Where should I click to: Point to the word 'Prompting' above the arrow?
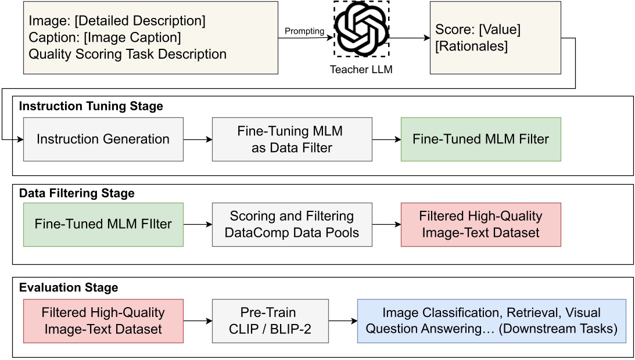tap(304, 31)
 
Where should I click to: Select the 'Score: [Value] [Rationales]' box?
tap(495, 37)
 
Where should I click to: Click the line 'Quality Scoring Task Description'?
tap(127, 55)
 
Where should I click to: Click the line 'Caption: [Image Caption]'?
tap(105, 38)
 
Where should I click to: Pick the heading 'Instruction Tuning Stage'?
tap(91, 106)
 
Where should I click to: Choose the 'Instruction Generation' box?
tap(103, 139)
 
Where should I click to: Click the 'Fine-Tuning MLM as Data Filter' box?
tap(292, 139)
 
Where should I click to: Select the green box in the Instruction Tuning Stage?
tap(480, 139)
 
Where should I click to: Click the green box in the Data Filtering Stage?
tap(103, 224)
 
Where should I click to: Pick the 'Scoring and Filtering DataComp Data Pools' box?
tap(292, 224)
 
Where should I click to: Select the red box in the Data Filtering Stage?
tap(480, 224)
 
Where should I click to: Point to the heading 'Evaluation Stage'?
tap(69, 287)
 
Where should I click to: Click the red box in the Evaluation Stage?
tap(103, 320)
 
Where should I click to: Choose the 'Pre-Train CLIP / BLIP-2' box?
tap(270, 320)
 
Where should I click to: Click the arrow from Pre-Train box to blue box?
tap(342, 320)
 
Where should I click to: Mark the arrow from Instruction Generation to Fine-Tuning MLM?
tap(198, 139)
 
